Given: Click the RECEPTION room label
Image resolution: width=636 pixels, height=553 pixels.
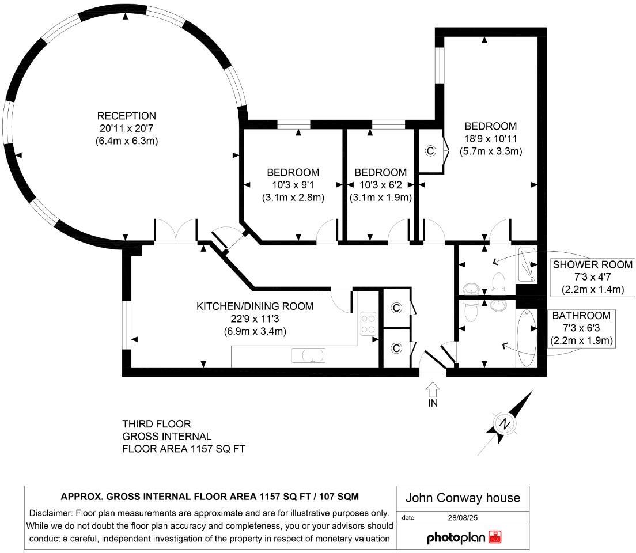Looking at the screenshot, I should click(126, 116).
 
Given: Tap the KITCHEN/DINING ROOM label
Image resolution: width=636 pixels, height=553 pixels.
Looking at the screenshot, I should click(255, 306).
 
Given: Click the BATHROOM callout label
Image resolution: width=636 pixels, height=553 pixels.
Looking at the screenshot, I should click(581, 316).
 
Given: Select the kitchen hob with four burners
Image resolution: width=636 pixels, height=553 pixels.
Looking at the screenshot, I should click(368, 323).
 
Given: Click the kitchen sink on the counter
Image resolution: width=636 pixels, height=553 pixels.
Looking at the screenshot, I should click(311, 356).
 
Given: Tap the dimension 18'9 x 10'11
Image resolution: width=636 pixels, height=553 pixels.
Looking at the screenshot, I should click(491, 139).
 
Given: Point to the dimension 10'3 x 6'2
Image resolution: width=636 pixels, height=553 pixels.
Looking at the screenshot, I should click(380, 185).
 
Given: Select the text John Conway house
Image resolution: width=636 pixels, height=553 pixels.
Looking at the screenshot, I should click(463, 498).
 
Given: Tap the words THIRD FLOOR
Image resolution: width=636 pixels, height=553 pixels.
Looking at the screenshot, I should click(156, 424).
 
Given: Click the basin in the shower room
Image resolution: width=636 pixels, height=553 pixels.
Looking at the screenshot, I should click(470, 288).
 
